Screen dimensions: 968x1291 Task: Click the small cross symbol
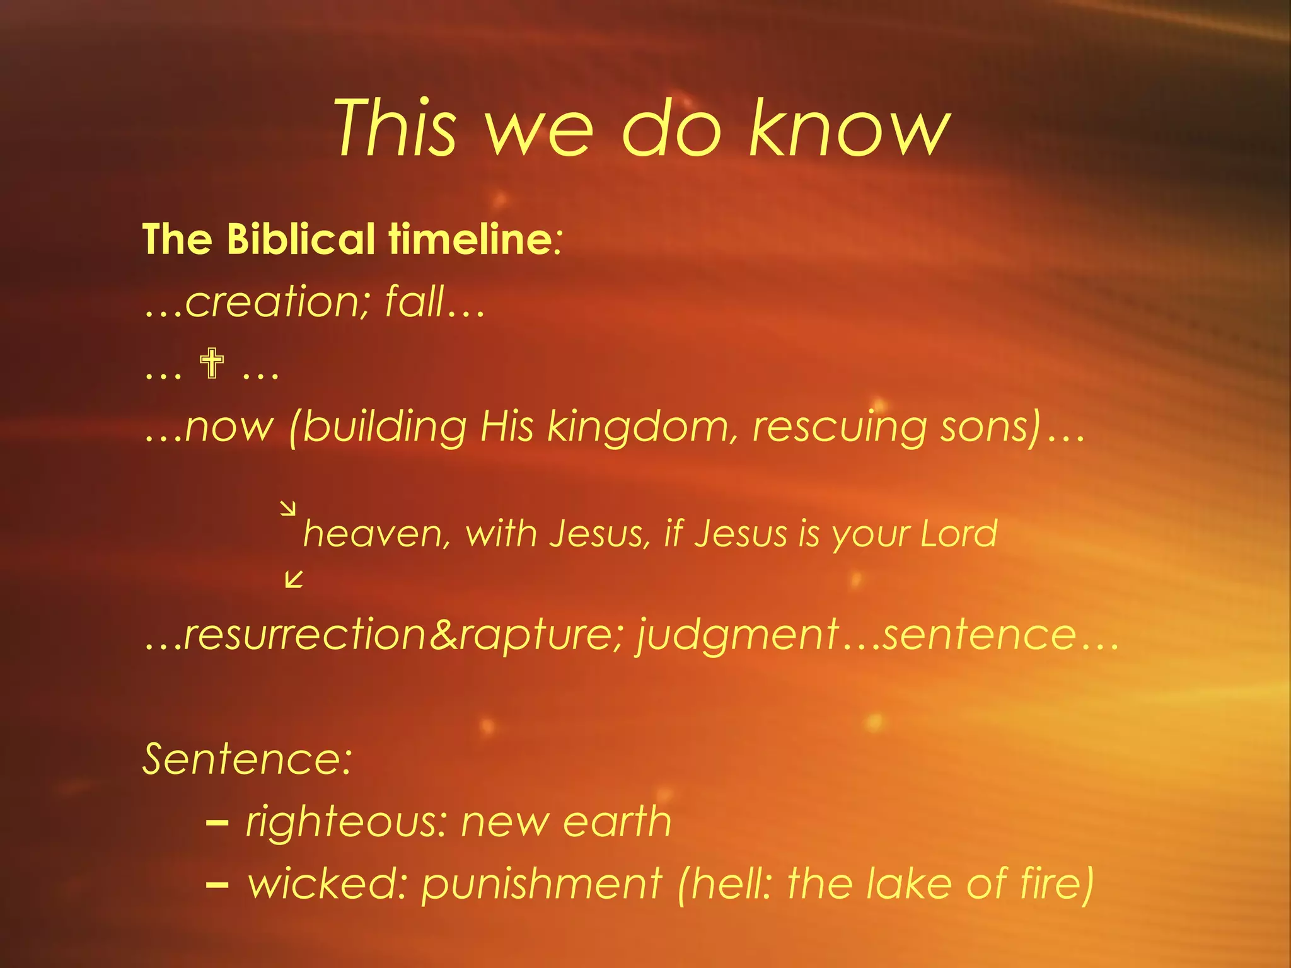[212, 364]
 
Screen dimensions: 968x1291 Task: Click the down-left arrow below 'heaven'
[294, 579]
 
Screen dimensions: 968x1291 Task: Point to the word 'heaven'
[376, 534]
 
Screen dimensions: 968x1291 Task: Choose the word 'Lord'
[959, 534]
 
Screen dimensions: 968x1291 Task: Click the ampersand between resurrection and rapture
[443, 635]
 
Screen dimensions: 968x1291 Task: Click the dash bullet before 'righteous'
[217, 822]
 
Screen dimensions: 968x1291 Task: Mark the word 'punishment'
[541, 884]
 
